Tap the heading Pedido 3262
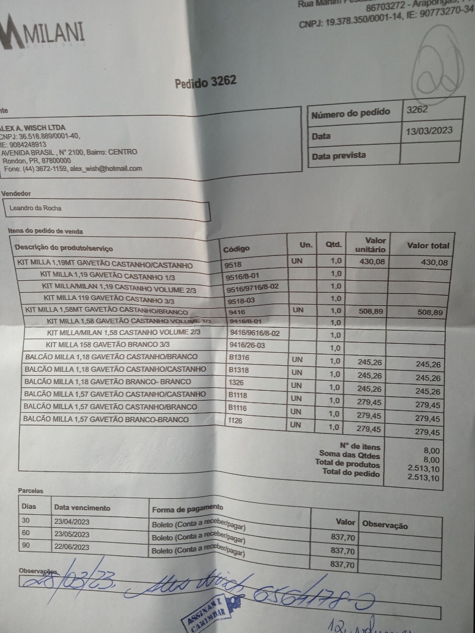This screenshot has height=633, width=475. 205,83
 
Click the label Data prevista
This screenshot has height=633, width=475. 339,156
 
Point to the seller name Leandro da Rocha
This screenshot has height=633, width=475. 35,208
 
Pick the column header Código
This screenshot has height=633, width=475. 236,248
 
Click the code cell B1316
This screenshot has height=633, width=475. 239,358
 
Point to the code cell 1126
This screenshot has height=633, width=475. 236,420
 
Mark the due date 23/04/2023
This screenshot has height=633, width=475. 72,521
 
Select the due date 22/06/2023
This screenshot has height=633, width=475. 72,547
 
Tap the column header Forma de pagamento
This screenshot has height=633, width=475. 188,509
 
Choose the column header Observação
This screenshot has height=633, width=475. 385,525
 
